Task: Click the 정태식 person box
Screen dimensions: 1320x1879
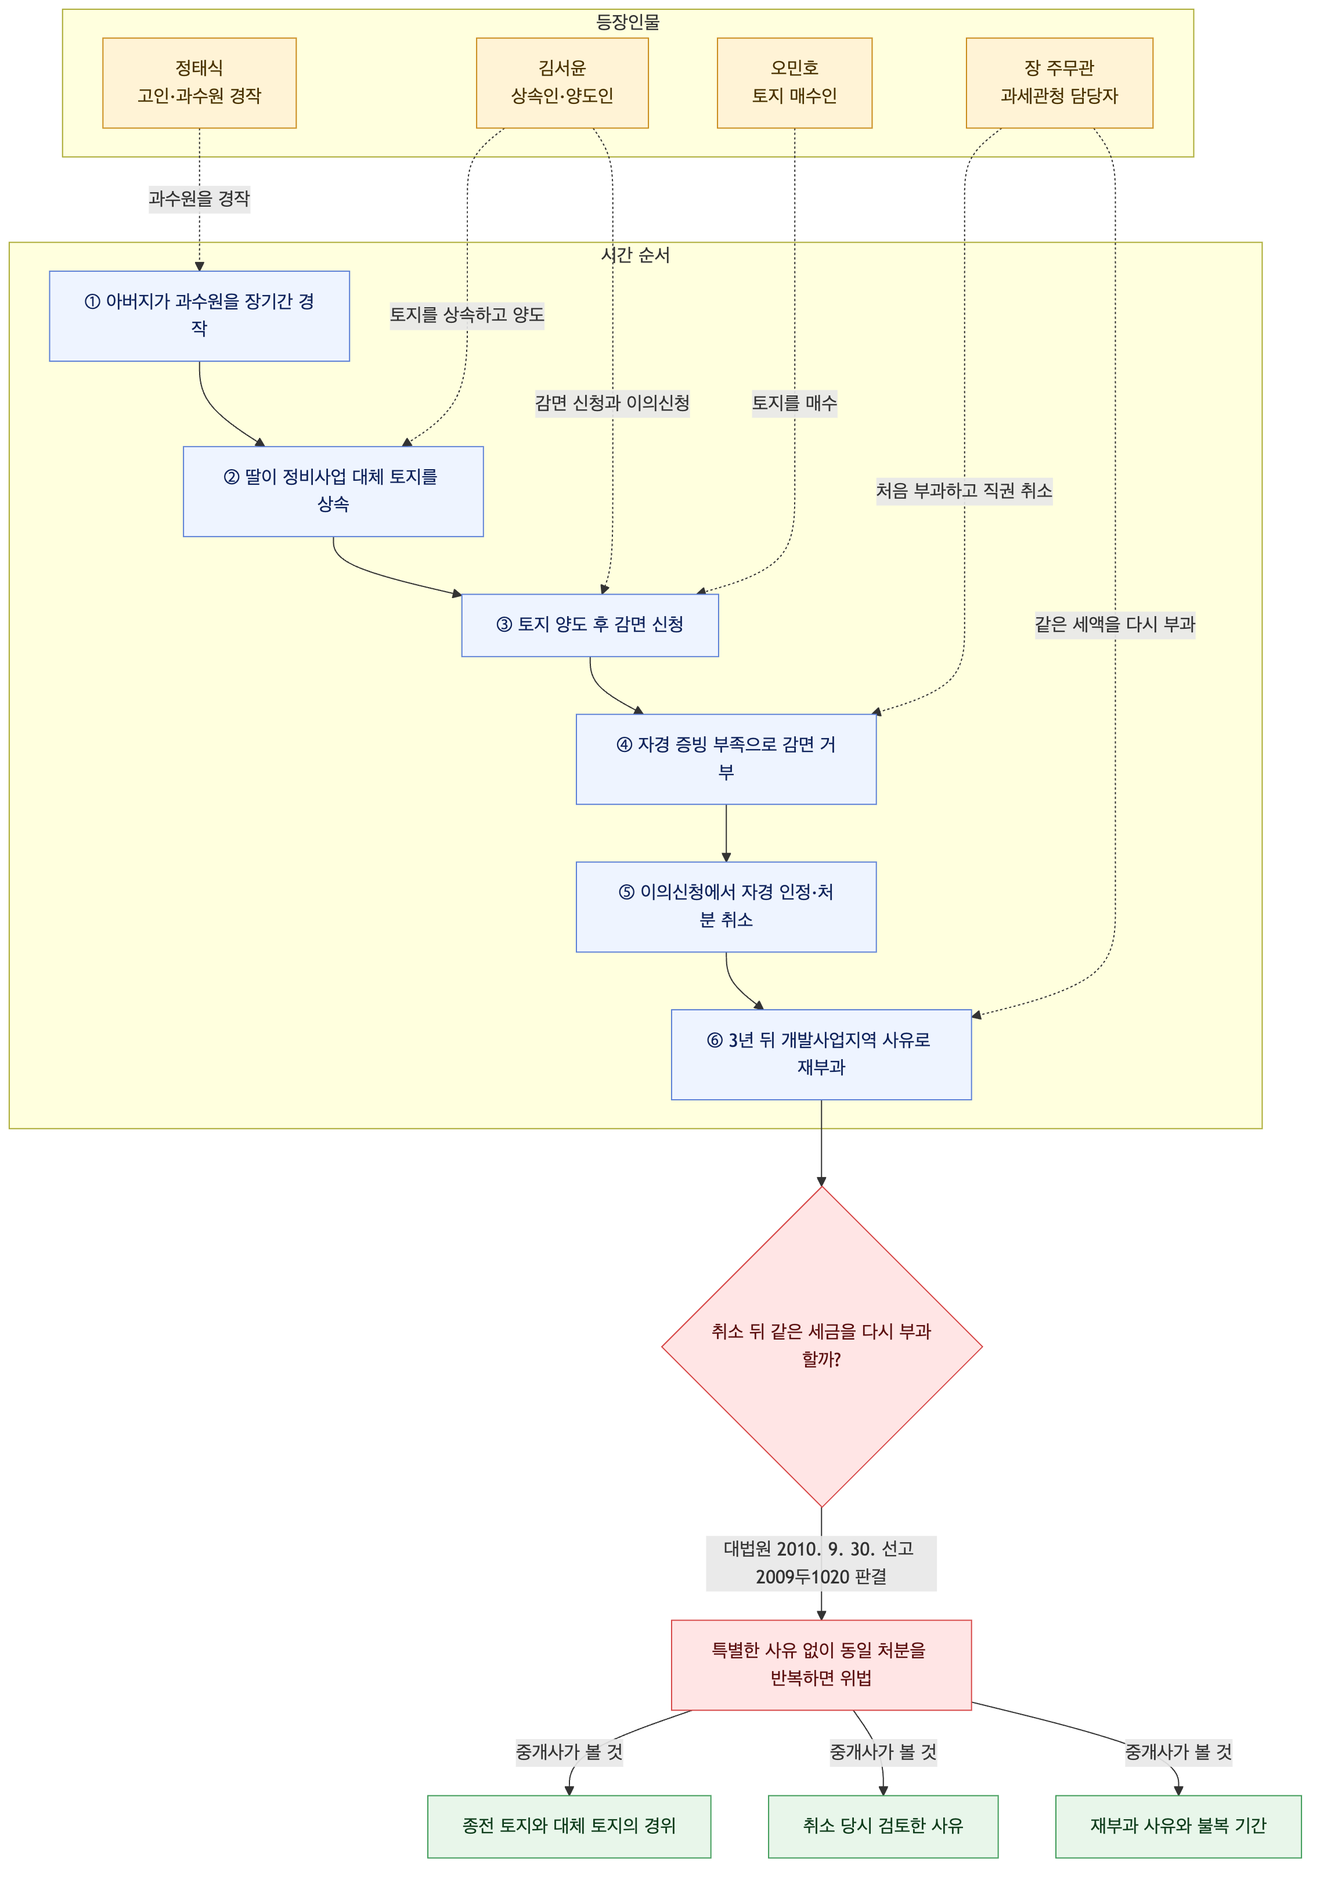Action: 199,82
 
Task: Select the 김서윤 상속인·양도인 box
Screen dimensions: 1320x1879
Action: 562,82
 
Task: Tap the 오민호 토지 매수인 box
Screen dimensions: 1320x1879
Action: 794,82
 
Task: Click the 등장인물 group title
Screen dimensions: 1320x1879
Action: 627,22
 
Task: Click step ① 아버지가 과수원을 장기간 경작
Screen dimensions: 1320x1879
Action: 199,316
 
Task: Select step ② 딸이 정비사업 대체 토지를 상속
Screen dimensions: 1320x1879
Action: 333,491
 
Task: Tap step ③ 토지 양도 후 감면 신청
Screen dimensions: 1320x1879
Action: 590,625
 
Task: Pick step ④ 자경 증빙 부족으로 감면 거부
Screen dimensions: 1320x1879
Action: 726,759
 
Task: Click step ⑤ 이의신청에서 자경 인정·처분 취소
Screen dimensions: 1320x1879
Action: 726,907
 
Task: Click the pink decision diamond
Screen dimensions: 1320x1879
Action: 821,1346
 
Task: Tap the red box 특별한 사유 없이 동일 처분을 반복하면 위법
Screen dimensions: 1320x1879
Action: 821,1665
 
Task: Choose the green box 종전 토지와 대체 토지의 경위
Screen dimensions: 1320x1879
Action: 569,1826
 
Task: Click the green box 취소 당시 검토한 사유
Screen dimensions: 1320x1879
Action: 883,1826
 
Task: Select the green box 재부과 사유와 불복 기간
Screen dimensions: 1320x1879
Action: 1178,1826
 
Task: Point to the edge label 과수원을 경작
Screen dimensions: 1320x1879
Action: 199,199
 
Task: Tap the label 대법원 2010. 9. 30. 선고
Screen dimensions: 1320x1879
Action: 818,1549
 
